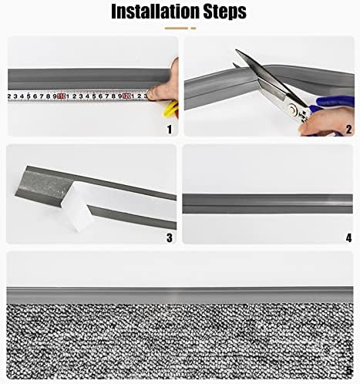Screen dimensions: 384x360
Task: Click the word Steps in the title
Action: [x=220, y=12]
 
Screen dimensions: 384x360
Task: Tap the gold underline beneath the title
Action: [x=180, y=29]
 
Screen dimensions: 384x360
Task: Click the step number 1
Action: [x=169, y=129]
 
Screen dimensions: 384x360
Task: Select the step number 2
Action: [x=348, y=129]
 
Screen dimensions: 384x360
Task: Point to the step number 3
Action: [x=169, y=238]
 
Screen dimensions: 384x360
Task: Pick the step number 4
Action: [x=348, y=238]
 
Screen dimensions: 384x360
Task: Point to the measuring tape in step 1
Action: [x=77, y=96]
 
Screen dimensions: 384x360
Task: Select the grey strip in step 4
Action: [x=266, y=199]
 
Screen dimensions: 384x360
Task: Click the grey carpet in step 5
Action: [x=177, y=339]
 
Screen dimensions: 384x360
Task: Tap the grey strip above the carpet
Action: [x=177, y=295]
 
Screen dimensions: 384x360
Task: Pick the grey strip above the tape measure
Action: [x=77, y=77]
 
